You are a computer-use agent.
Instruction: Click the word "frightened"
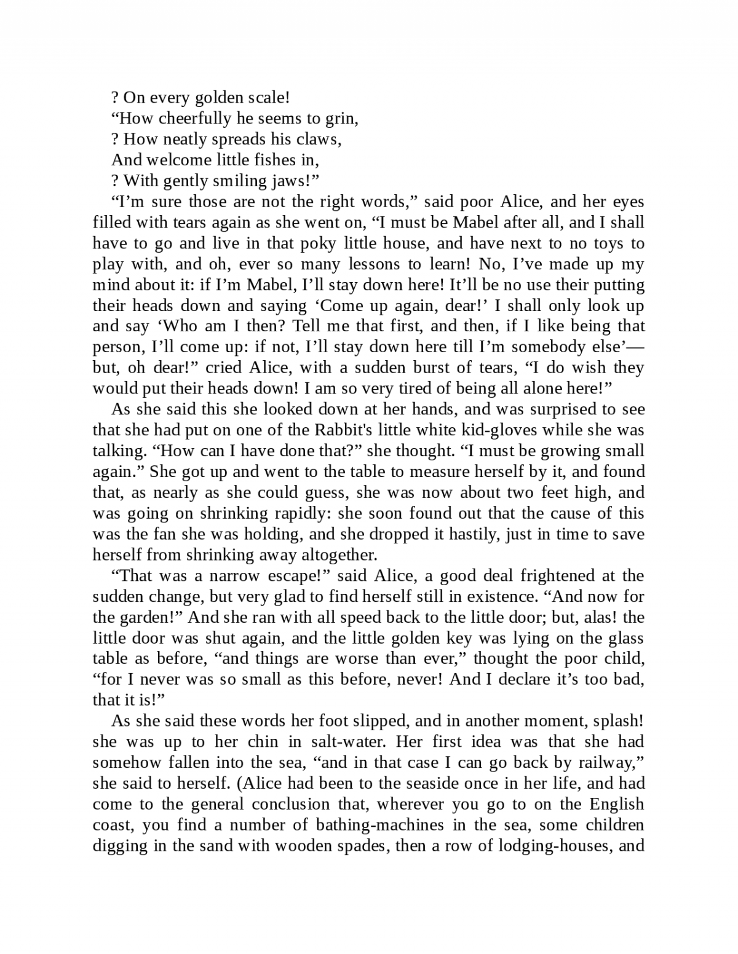pyautogui.click(x=566, y=576)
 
